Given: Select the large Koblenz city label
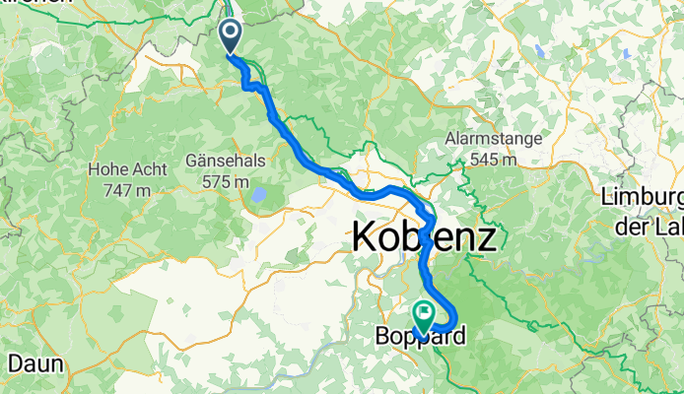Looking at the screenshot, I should coord(423,239).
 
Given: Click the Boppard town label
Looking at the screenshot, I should coord(421,337).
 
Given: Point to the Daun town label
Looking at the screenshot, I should coord(37,362).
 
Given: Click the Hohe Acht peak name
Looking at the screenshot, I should coord(122,167).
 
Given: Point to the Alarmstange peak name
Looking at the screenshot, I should coord(493,139).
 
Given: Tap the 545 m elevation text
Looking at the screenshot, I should coord(493,159).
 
